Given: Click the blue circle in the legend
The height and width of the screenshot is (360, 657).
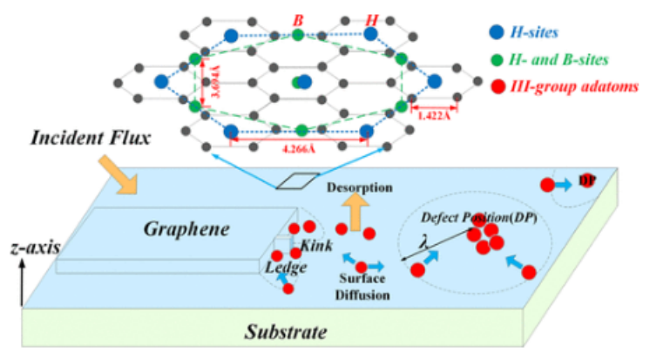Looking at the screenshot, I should click(496, 32).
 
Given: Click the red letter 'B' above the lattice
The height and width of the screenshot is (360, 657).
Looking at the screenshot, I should click(298, 16).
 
